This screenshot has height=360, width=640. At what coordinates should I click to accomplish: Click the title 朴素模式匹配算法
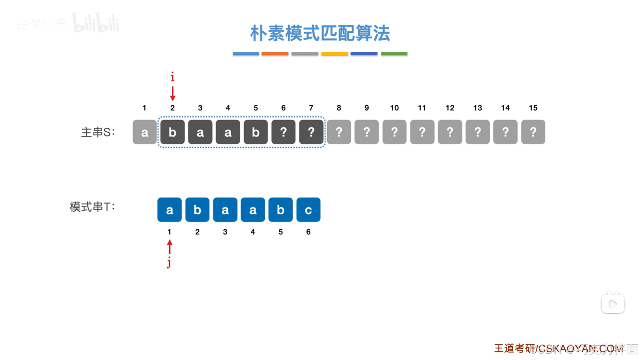pyautogui.click(x=320, y=33)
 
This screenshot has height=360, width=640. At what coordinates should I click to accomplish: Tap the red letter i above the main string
pyautogui.click(x=172, y=77)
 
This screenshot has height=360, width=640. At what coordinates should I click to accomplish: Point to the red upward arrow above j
pyautogui.click(x=170, y=247)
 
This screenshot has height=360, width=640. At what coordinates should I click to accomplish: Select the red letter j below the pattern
pyautogui.click(x=169, y=263)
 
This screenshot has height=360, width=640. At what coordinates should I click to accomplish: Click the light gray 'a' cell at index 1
pyautogui.click(x=144, y=132)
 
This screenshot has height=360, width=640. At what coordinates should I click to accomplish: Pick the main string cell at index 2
pyautogui.click(x=172, y=132)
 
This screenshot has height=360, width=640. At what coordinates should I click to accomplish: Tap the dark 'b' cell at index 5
pyautogui.click(x=255, y=132)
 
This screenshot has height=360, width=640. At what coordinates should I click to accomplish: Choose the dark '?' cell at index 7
pyautogui.click(x=311, y=132)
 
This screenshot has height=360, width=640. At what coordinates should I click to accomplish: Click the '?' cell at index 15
pyautogui.click(x=533, y=132)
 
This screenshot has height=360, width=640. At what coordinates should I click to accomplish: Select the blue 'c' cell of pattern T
pyautogui.click(x=308, y=210)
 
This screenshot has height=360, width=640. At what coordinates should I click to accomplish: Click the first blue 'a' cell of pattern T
pyautogui.click(x=169, y=210)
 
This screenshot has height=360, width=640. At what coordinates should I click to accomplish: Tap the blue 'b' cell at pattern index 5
pyautogui.click(x=280, y=210)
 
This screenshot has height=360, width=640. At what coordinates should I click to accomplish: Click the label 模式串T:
pyautogui.click(x=92, y=207)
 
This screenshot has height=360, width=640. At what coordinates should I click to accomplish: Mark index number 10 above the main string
pyautogui.click(x=394, y=108)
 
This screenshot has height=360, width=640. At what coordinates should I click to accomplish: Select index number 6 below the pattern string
pyautogui.click(x=308, y=232)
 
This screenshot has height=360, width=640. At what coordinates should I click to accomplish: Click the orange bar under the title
pyautogui.click(x=275, y=54)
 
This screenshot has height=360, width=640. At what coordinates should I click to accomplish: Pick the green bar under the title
pyautogui.click(x=394, y=54)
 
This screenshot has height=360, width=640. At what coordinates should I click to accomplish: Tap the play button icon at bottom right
pyautogui.click(x=613, y=304)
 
